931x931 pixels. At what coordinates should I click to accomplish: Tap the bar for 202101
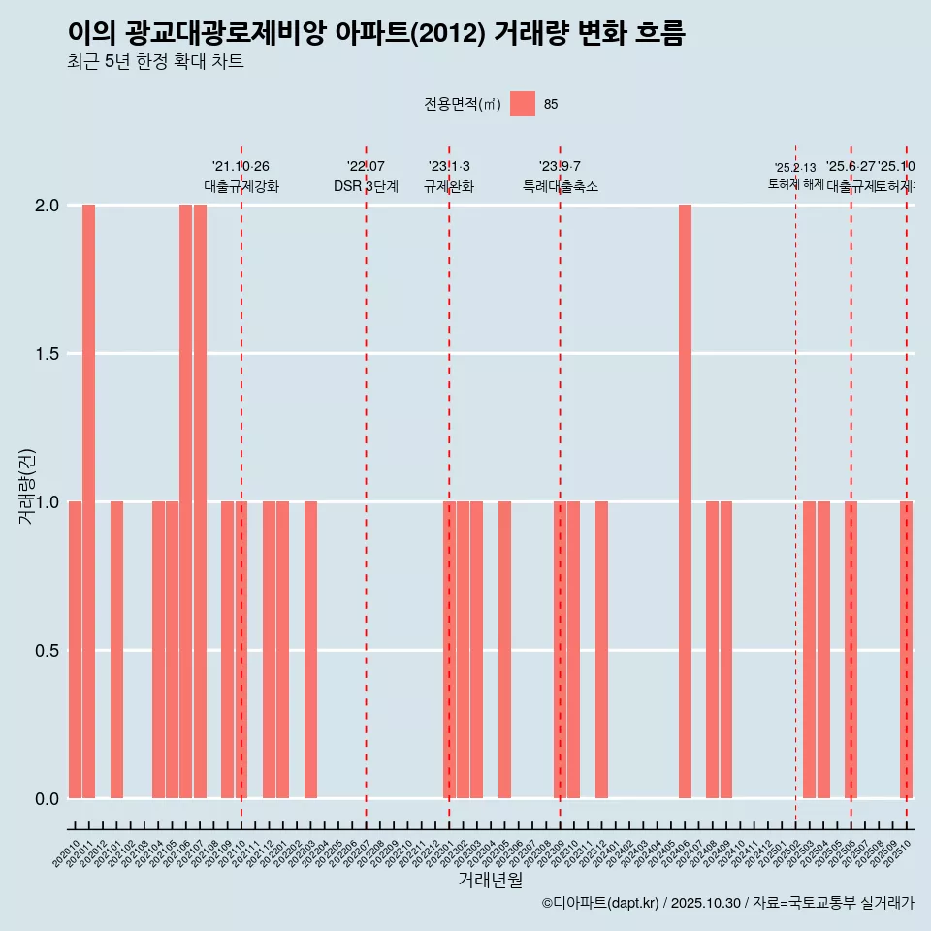tap(116, 650)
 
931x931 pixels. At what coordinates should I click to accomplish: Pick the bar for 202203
tap(310, 650)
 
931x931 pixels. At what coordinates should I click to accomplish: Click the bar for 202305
tap(504, 650)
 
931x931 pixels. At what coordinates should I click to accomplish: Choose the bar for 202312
tap(601, 650)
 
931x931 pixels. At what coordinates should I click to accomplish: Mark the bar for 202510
tap(906, 650)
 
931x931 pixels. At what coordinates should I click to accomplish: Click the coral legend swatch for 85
tap(523, 104)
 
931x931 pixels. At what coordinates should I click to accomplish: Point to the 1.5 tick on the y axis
tap(47, 354)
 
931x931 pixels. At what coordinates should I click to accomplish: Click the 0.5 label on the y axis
tap(47, 650)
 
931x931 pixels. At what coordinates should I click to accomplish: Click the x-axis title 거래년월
tap(491, 881)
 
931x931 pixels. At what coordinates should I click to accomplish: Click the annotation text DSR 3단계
tap(366, 186)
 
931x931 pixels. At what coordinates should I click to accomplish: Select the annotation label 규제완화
tap(448, 186)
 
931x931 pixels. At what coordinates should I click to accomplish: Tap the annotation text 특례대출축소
tap(560, 186)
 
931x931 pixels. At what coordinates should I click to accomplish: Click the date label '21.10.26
tap(241, 166)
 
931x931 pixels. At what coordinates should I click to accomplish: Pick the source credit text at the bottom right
tap(727, 903)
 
